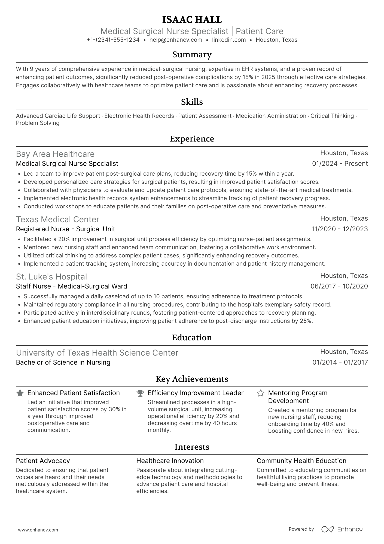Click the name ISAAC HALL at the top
point(192,20)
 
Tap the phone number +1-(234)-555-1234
point(113,40)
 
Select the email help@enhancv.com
point(176,40)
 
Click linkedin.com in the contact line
point(229,40)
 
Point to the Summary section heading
point(192,55)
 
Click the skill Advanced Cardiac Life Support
point(58,116)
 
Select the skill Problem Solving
point(38,123)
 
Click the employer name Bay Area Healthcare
point(55,154)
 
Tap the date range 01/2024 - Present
point(340,164)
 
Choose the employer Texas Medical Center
point(57,220)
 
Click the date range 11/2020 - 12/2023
point(339,229)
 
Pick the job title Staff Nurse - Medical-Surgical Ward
point(72,286)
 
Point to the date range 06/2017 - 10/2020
point(339,286)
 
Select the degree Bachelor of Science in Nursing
point(63,362)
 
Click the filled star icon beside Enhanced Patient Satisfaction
point(20,393)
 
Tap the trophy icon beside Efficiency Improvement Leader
point(140,393)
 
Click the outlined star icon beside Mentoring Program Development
point(261,393)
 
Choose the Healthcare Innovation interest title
point(170,461)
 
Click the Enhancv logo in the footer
point(342,529)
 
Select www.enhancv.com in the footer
point(38,530)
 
